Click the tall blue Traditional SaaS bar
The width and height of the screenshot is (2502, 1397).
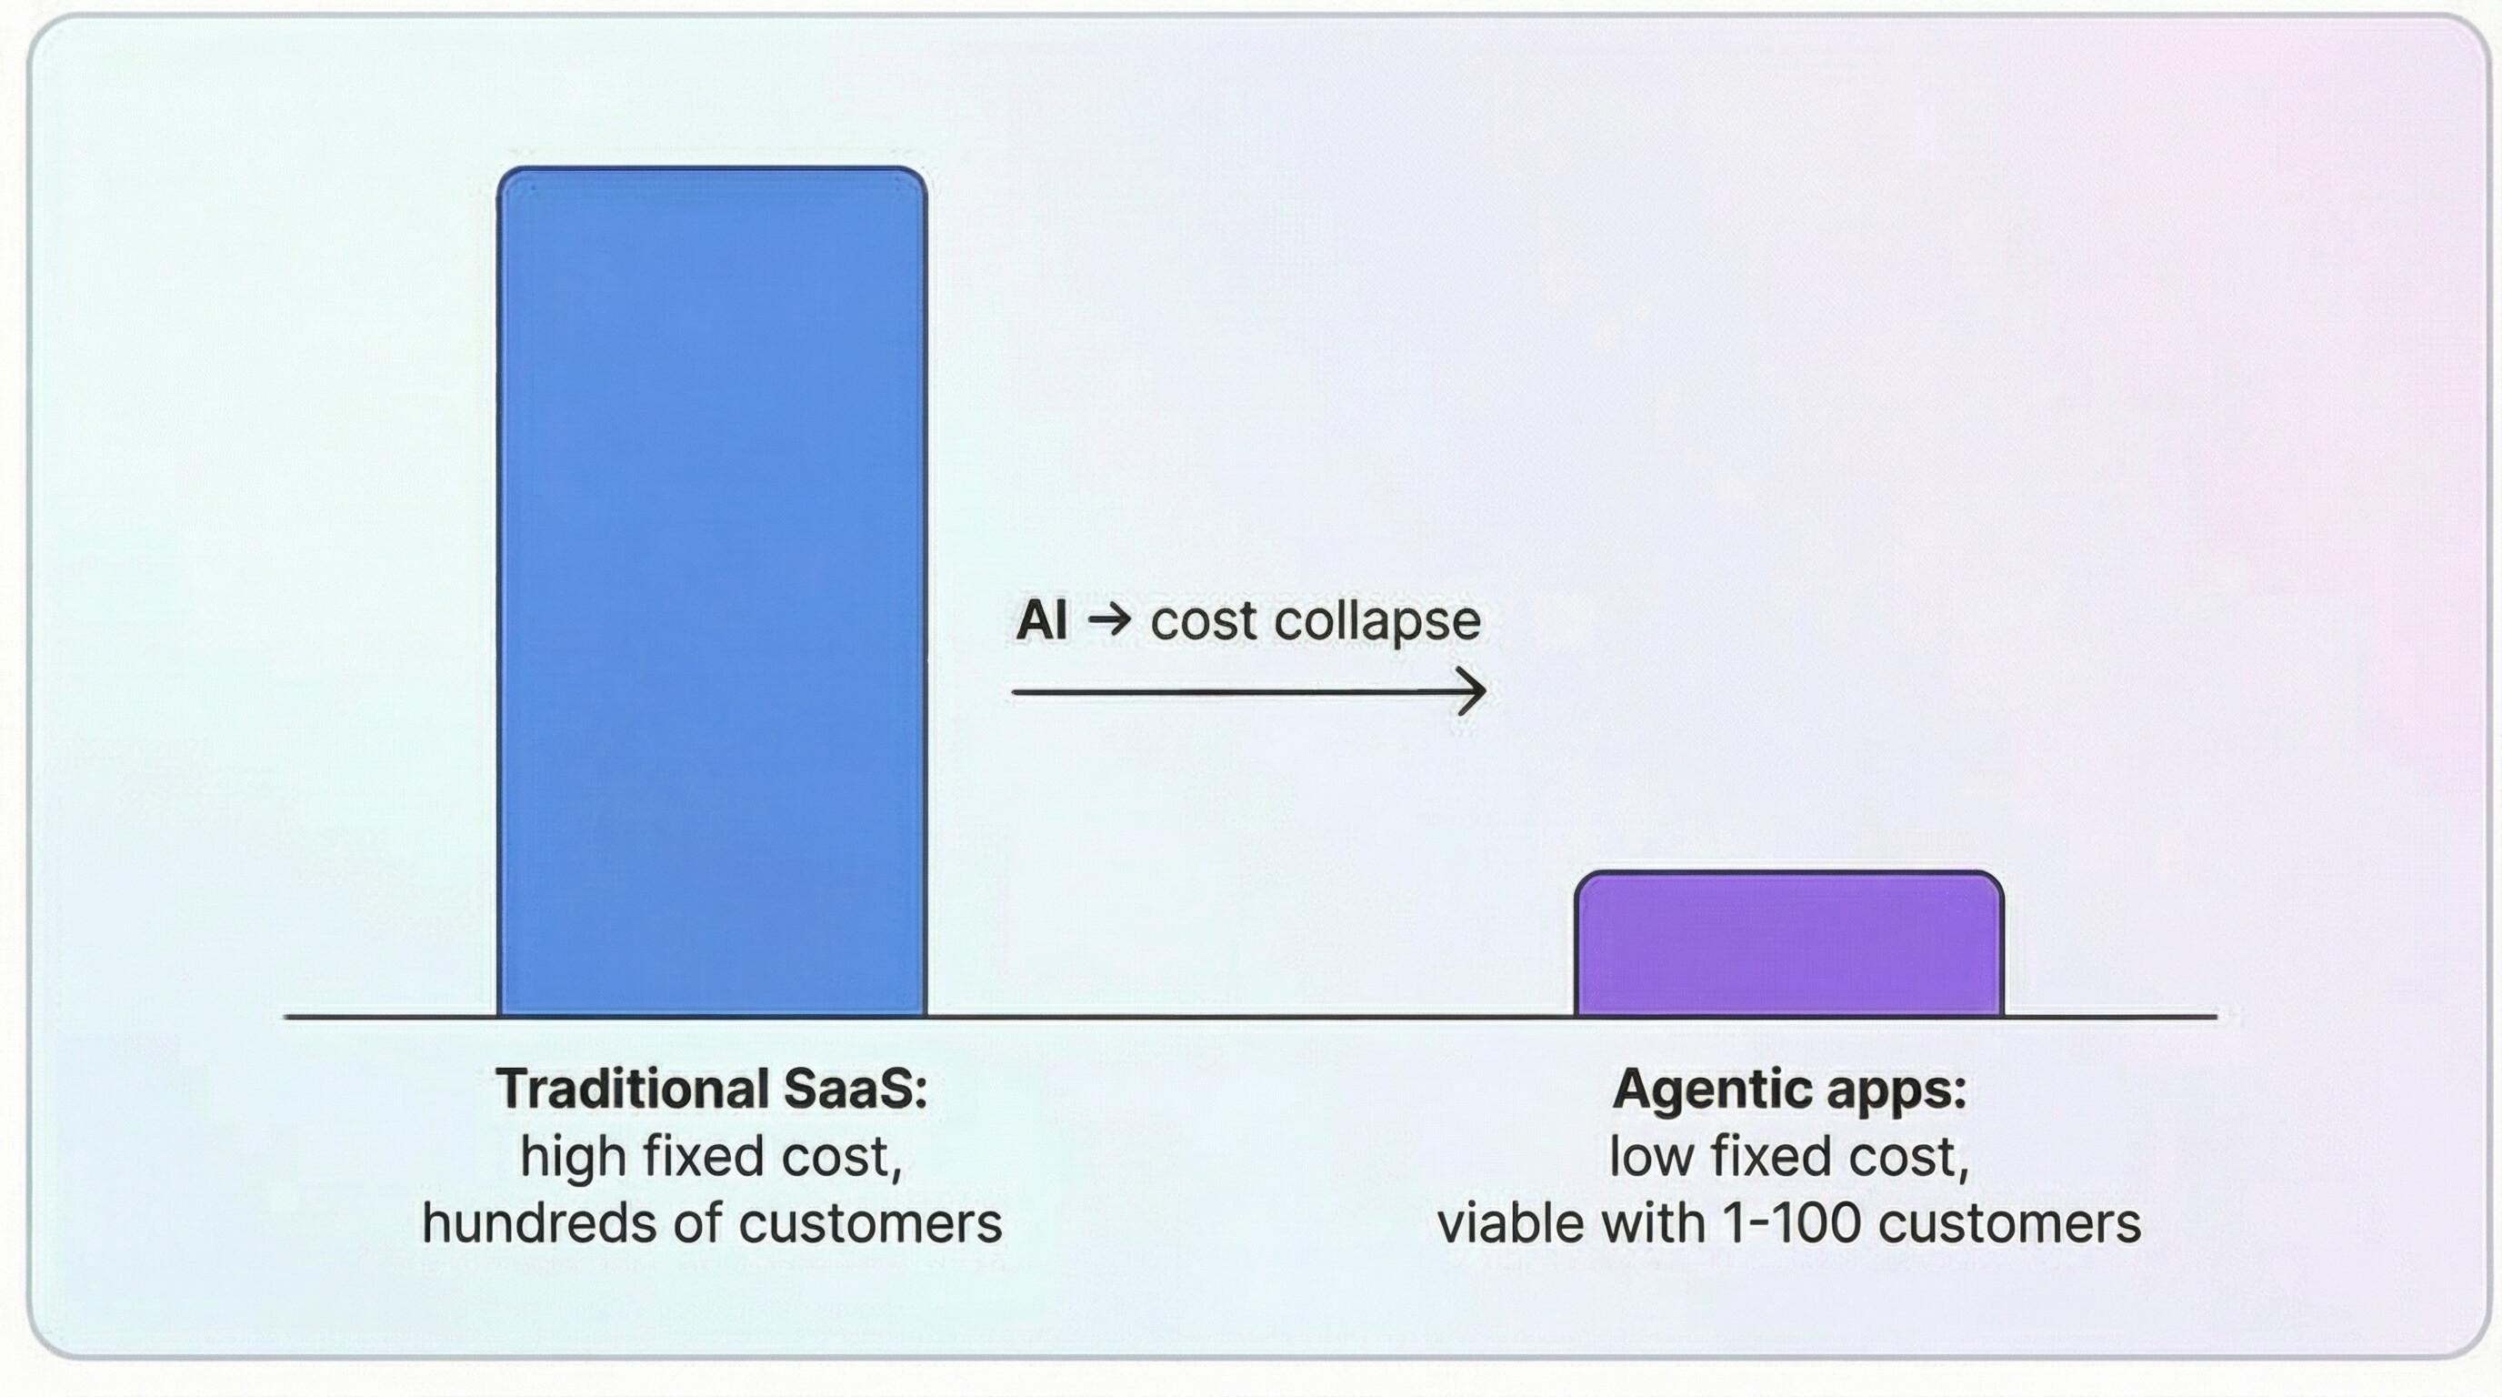[x=712, y=592]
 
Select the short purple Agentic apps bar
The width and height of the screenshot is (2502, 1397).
[x=1789, y=943]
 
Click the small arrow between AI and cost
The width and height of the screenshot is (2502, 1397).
[x=1109, y=621]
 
